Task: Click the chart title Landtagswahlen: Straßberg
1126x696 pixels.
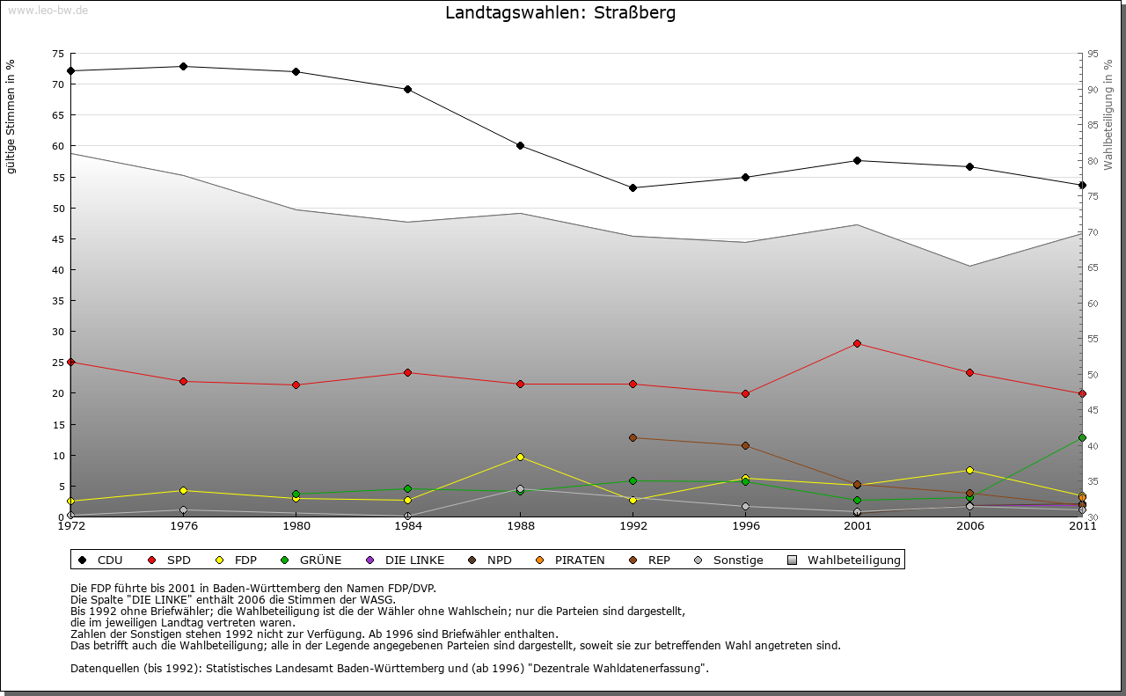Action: pyautogui.click(x=560, y=13)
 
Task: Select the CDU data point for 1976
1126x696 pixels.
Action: pyautogui.click(x=183, y=67)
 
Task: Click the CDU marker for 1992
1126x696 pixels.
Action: pyautogui.click(x=632, y=187)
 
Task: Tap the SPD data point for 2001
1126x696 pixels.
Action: pyautogui.click(x=857, y=343)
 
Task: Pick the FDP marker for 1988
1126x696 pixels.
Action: pyautogui.click(x=521, y=457)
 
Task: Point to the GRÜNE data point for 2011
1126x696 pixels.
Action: pyautogui.click(x=1082, y=437)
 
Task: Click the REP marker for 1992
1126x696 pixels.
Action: pyautogui.click(x=632, y=437)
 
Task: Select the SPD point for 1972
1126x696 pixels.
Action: pyautogui.click(x=70, y=362)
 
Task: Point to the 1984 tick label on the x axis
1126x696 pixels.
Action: pyautogui.click(x=408, y=527)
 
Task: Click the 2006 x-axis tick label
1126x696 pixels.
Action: pyautogui.click(x=969, y=527)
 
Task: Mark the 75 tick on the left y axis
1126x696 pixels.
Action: pyautogui.click(x=58, y=54)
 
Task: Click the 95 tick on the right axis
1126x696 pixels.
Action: pyautogui.click(x=1093, y=54)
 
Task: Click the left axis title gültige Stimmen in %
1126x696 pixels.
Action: pyautogui.click(x=11, y=116)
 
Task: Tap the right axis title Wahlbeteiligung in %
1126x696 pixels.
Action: pyautogui.click(x=1108, y=114)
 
